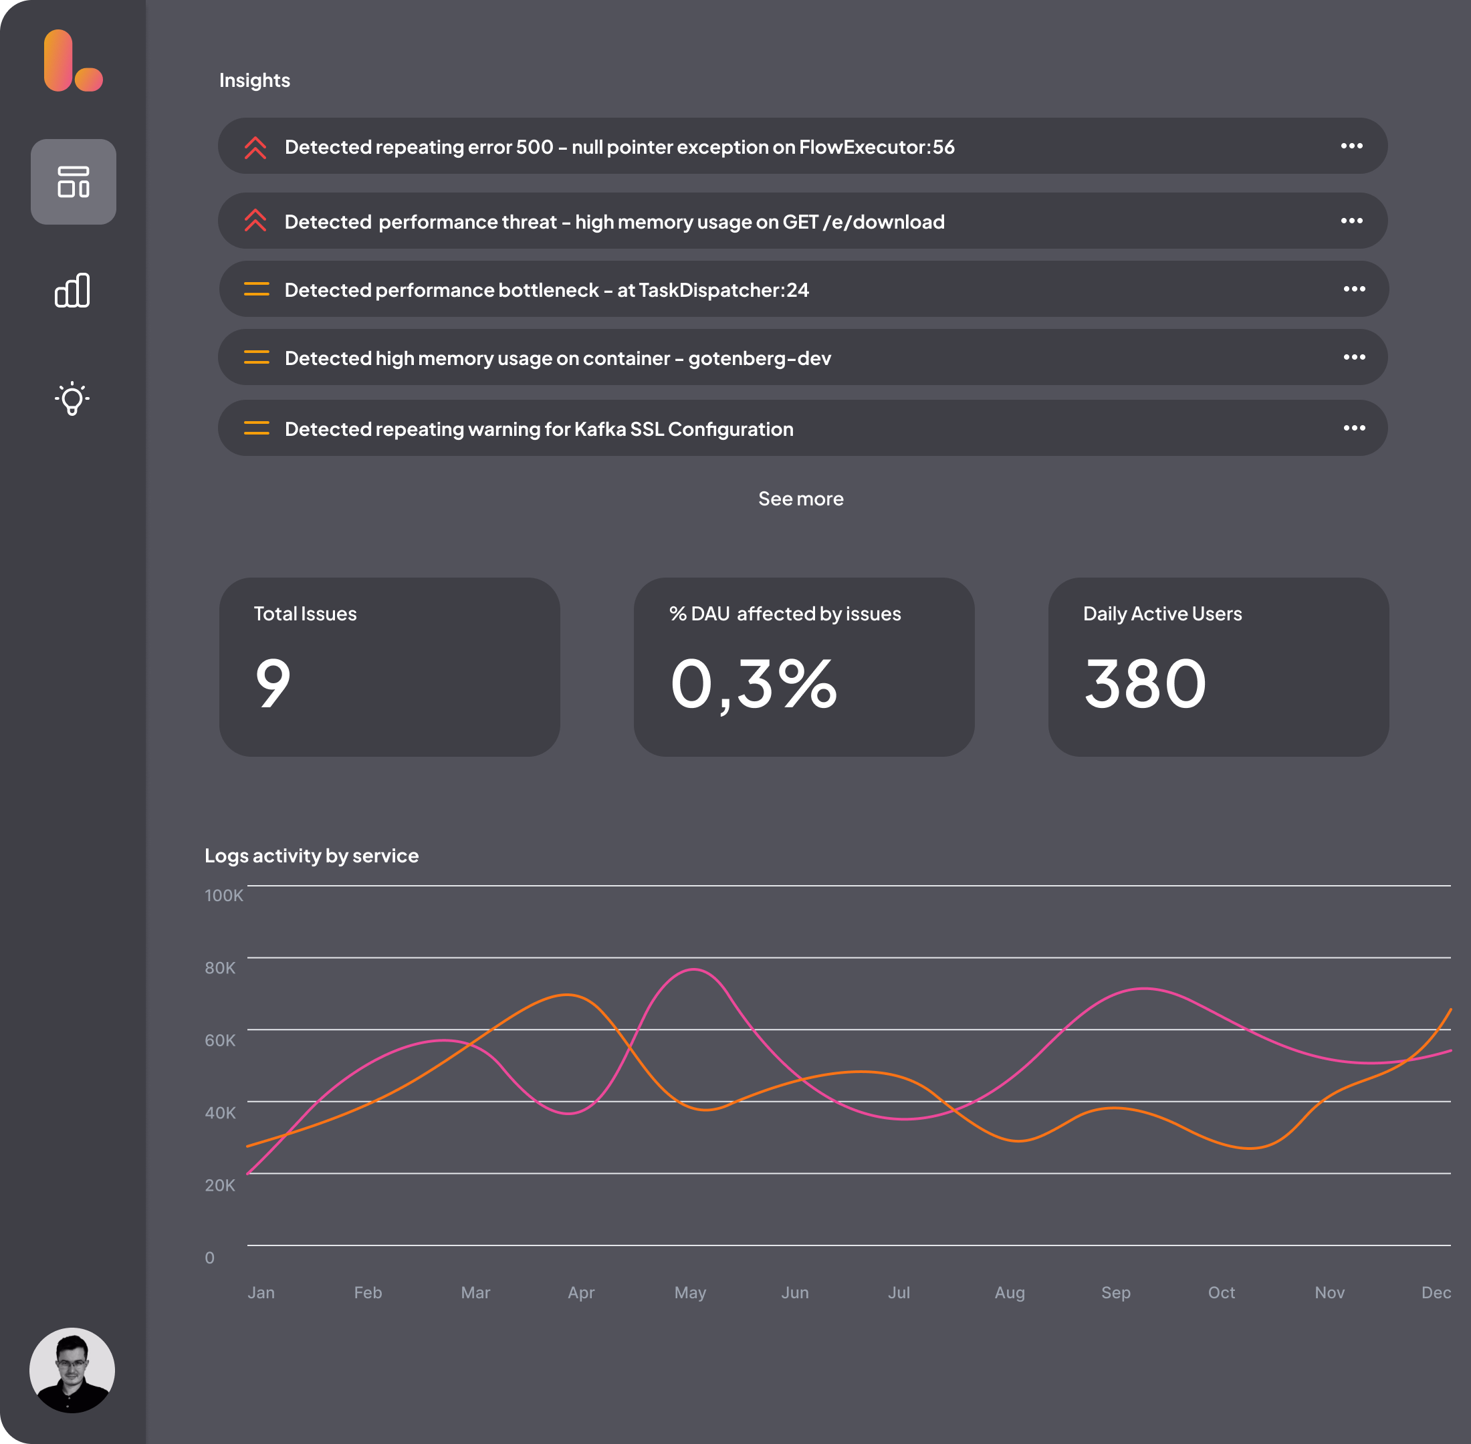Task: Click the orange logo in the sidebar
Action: [73, 61]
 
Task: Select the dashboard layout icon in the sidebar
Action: [74, 182]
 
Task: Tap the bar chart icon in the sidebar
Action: [73, 290]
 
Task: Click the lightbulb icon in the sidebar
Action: [73, 398]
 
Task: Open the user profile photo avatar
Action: [72, 1370]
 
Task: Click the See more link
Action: [800, 499]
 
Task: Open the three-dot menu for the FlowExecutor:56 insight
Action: [1351, 146]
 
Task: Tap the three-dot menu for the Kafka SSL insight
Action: [1354, 428]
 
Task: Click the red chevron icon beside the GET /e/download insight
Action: [255, 221]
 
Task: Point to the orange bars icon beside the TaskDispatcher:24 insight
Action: [256, 289]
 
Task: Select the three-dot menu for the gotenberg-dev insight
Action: [1354, 357]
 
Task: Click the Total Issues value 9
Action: [273, 683]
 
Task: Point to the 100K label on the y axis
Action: [224, 896]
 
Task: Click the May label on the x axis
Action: [689, 1292]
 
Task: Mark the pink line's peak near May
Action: [693, 970]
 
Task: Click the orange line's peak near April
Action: [567, 994]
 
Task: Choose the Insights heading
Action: [255, 80]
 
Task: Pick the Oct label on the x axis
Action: [1222, 1292]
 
